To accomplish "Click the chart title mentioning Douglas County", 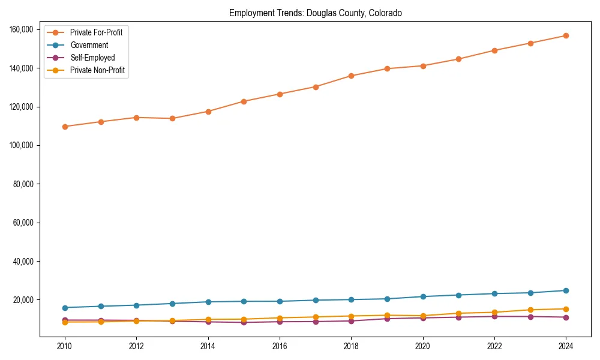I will pyautogui.click(x=316, y=13).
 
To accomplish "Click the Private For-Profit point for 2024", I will pyautogui.click(x=565, y=36).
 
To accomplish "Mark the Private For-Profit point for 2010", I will pyautogui.click(x=65, y=127).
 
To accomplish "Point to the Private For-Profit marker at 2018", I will pyautogui.click(x=351, y=76).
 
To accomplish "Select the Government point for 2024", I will pyautogui.click(x=565, y=290).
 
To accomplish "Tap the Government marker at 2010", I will pyautogui.click(x=65, y=308).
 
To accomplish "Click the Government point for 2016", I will pyautogui.click(x=280, y=301).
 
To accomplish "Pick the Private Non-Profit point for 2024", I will pyautogui.click(x=565, y=309).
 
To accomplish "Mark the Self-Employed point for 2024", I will pyautogui.click(x=565, y=317).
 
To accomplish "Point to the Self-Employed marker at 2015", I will pyautogui.click(x=244, y=322).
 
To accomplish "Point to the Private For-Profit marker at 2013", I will pyautogui.click(x=172, y=118).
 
